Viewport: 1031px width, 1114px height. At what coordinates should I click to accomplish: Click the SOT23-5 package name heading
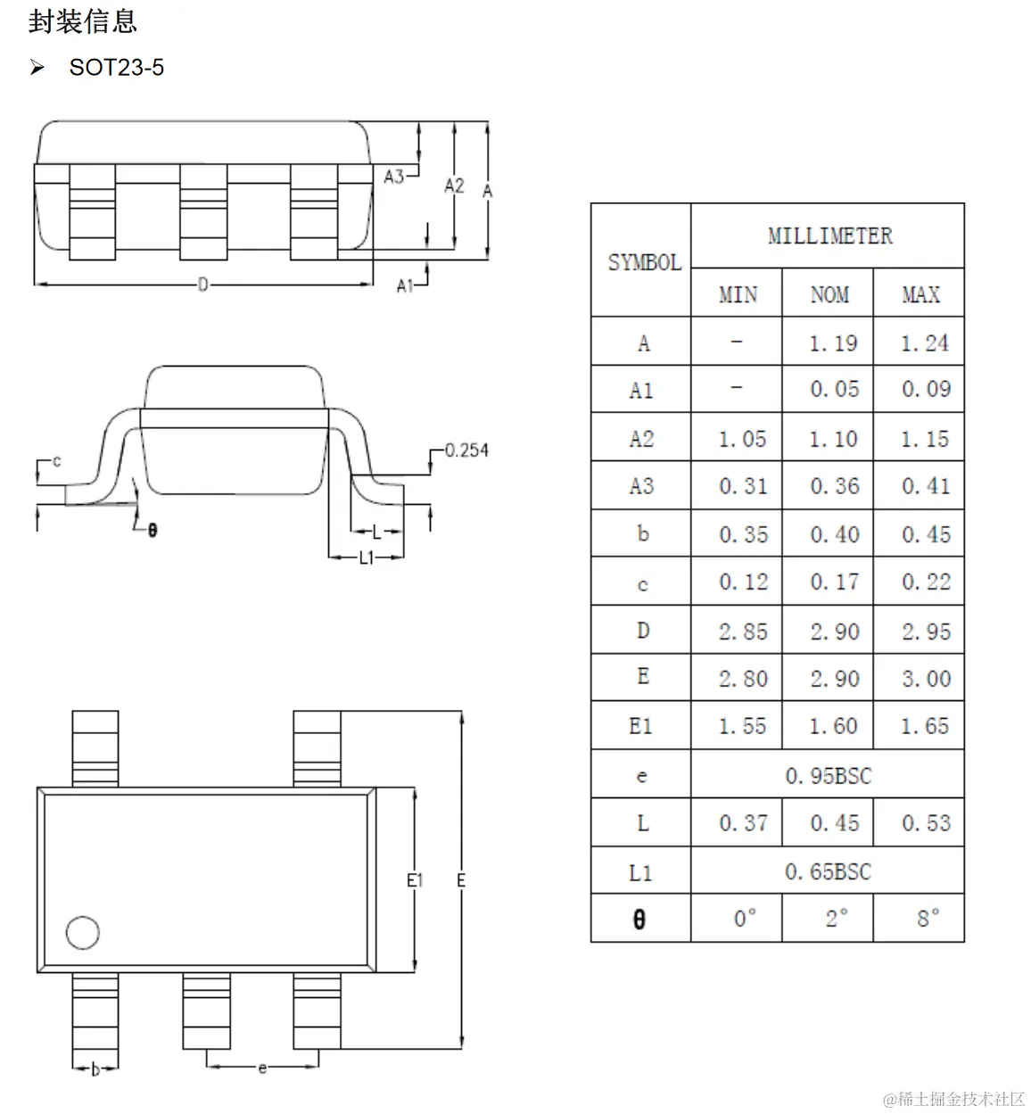point(116,67)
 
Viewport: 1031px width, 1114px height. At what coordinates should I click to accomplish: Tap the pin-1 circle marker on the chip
point(82,932)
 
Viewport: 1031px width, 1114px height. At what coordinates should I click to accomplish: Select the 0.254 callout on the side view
point(466,450)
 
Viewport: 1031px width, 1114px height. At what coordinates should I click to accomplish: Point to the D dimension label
point(202,285)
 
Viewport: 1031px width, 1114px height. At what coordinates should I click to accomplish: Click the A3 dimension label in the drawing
point(394,177)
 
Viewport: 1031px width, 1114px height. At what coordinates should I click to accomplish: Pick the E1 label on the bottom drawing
point(415,879)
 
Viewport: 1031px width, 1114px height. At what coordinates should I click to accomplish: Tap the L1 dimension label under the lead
point(367,557)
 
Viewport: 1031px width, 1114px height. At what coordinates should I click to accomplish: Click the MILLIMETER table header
point(829,235)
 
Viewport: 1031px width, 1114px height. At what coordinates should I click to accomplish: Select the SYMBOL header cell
point(645,262)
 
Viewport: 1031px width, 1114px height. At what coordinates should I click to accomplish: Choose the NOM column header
point(829,294)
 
